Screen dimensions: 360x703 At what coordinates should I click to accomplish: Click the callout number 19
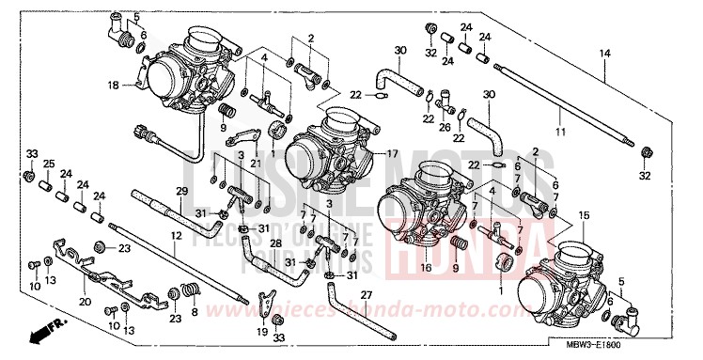pyautogui.click(x=261, y=332)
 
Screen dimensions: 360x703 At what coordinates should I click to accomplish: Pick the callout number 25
pyautogui.click(x=48, y=163)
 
